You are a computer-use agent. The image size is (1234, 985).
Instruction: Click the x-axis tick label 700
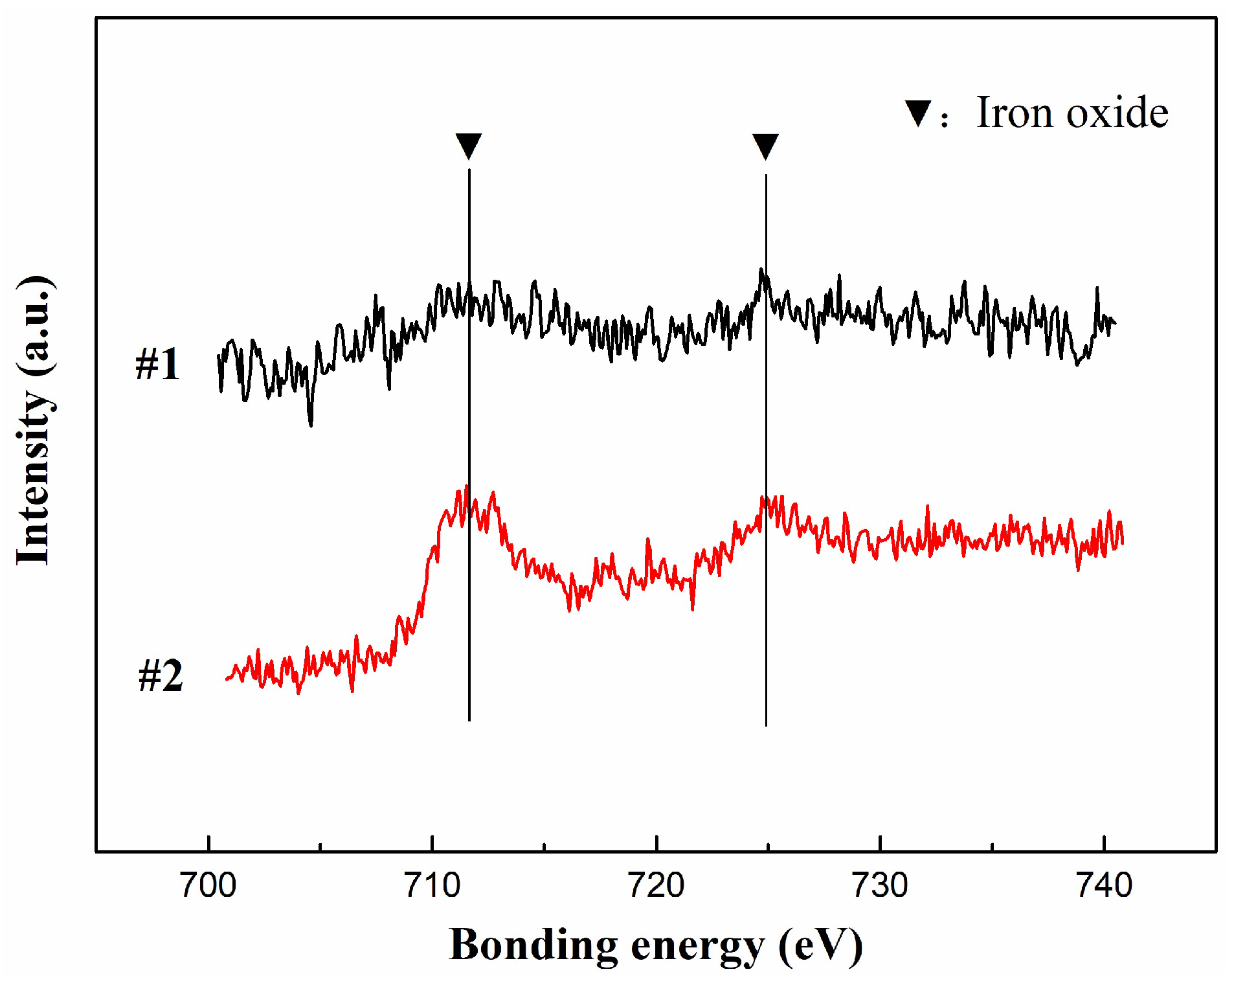pyautogui.click(x=208, y=885)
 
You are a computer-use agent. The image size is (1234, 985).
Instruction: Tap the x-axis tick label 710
pyautogui.click(x=432, y=885)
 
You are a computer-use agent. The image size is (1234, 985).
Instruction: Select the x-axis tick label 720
pyautogui.click(x=656, y=885)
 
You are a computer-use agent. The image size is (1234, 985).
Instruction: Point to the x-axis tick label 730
pyautogui.click(x=880, y=885)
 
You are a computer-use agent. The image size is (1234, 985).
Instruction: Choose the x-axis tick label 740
pyautogui.click(x=1104, y=885)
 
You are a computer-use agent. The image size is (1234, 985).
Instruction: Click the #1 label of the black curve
pyautogui.click(x=157, y=364)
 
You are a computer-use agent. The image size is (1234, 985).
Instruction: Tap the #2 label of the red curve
pyautogui.click(x=161, y=676)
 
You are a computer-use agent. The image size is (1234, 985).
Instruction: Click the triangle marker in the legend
pyautogui.click(x=918, y=113)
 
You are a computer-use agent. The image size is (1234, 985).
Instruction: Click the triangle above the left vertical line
pyautogui.click(x=469, y=146)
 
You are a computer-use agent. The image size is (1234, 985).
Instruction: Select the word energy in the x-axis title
pyautogui.click(x=697, y=946)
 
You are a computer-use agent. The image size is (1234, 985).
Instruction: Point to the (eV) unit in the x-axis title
pyautogui.click(x=820, y=945)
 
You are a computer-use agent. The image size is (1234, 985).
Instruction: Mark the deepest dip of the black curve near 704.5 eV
pyautogui.click(x=311, y=425)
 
